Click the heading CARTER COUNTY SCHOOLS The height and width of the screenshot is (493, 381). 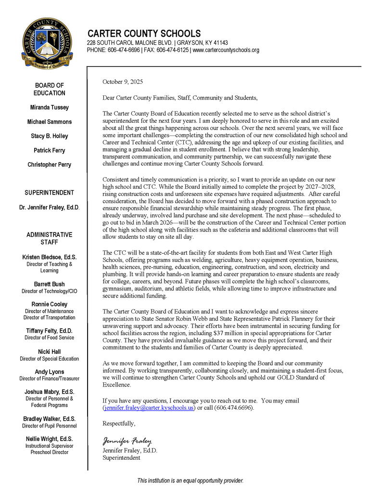point(144,34)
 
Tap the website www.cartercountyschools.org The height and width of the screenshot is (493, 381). point(226,50)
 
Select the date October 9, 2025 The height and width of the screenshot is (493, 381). point(123,82)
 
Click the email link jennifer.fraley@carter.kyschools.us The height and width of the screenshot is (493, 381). point(149,408)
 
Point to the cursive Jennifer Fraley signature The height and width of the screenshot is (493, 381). point(127,441)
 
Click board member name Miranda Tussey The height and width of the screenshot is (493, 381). point(50,107)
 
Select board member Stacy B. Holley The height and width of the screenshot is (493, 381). point(50,136)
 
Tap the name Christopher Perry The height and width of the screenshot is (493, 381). point(50,165)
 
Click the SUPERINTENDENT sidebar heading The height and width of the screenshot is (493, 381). point(50,193)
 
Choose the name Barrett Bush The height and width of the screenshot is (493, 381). point(50,284)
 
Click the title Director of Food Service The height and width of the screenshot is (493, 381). point(50,337)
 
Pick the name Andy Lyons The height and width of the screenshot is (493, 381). point(50,372)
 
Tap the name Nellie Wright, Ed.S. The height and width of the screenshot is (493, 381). point(50,439)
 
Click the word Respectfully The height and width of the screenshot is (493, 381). point(119,424)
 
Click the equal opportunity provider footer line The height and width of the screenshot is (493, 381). point(190,480)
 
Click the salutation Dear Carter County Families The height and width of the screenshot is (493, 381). point(144,98)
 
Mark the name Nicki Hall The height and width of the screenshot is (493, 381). point(50,351)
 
